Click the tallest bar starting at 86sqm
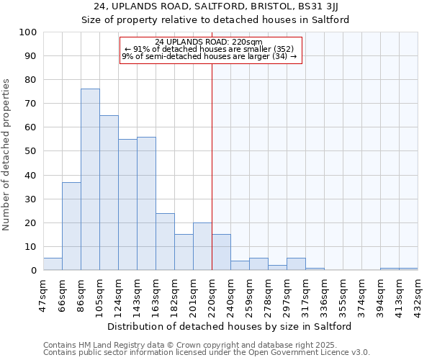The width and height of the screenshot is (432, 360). coord(90,179)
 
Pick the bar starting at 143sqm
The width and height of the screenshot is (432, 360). coord(146,204)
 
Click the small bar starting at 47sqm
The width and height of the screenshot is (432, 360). coord(53,264)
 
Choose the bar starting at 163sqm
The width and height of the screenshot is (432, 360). coord(165,242)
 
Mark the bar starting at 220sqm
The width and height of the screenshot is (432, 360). coord(221,253)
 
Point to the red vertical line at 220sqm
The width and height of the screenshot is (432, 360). coord(212,166)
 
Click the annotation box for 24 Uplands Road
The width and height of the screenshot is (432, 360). coord(210,49)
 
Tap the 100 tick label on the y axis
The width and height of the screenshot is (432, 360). coord(28,32)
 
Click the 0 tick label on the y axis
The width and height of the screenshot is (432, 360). coord(34,271)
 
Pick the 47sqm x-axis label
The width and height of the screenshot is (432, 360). coord(43,294)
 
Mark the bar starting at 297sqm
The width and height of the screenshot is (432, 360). coord(296,264)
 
